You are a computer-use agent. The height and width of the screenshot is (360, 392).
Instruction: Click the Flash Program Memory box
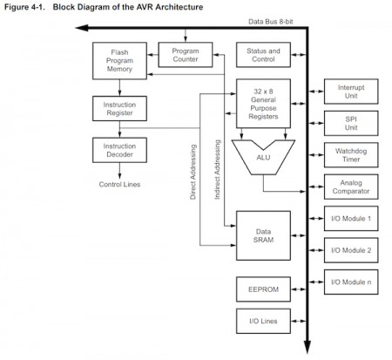[x=118, y=61]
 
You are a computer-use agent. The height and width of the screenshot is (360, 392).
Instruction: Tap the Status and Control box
[x=262, y=56]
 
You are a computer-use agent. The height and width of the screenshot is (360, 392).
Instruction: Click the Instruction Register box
[x=118, y=109]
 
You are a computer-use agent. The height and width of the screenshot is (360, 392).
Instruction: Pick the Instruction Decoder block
[x=118, y=149]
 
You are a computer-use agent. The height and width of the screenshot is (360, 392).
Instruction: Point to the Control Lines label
[x=118, y=184]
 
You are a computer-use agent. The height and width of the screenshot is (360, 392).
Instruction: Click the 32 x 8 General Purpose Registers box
[x=262, y=104]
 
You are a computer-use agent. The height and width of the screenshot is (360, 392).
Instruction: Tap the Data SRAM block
[x=262, y=234]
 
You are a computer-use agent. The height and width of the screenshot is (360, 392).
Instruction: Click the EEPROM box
[x=262, y=288]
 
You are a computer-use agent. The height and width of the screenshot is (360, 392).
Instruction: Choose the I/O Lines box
[x=262, y=322]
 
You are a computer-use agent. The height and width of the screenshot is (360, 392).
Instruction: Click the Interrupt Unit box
[x=350, y=93]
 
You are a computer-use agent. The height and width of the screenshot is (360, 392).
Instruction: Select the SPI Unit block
[x=350, y=124]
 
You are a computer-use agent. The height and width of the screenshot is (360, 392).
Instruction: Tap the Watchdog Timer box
[x=350, y=154]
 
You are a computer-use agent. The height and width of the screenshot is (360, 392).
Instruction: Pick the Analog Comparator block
[x=350, y=186]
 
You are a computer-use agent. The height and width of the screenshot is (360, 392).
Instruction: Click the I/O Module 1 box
[x=350, y=219]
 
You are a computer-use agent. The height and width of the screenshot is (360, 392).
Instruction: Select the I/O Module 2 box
[x=350, y=250]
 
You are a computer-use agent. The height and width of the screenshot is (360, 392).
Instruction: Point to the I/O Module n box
[x=350, y=282]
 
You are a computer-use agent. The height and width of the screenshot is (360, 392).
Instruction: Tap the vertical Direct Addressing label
[x=193, y=171]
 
